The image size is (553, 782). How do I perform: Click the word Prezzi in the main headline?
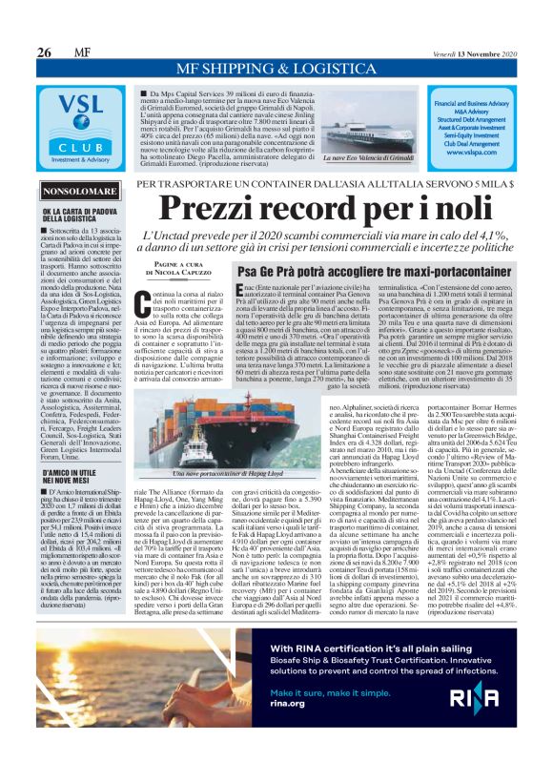pyautogui.click(x=212, y=209)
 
